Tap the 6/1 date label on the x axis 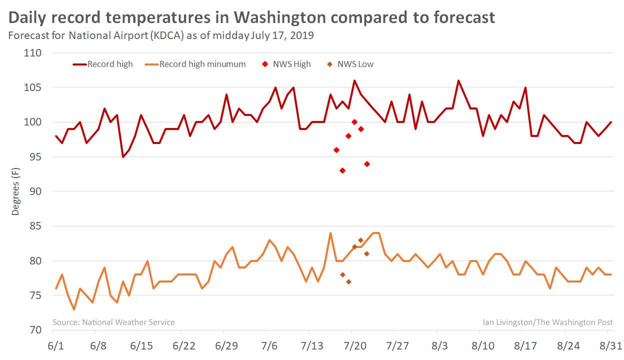(56, 346)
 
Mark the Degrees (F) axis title (16, 191)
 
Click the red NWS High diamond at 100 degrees (354, 122)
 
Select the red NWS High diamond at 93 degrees (342, 170)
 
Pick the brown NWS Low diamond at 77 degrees (348, 281)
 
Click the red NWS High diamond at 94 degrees (367, 164)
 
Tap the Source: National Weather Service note (114, 322)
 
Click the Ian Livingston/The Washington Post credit (548, 322)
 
